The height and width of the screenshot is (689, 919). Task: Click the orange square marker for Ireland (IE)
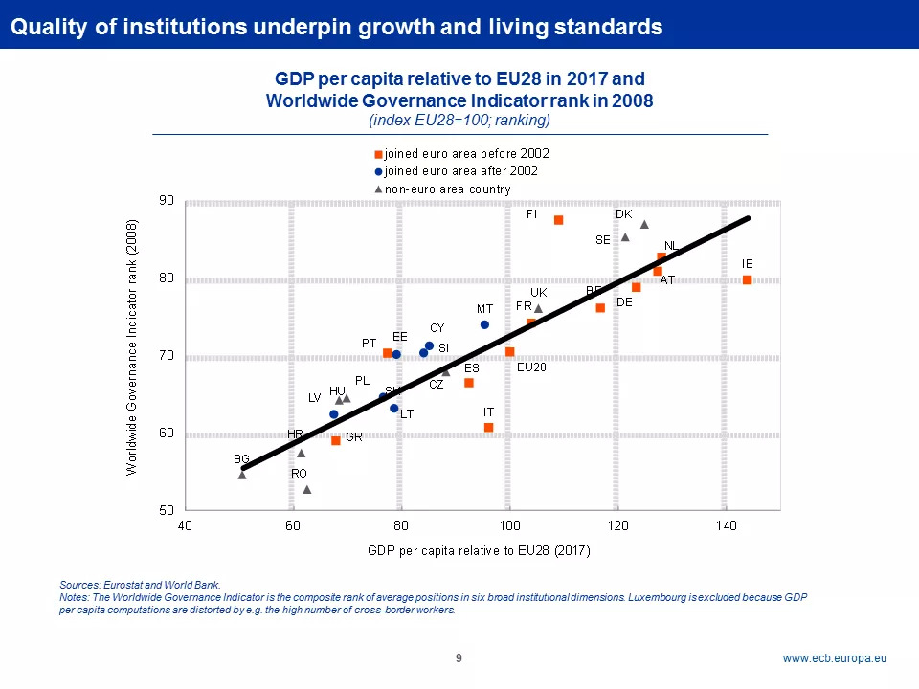coord(748,279)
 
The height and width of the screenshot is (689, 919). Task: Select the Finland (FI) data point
coord(559,220)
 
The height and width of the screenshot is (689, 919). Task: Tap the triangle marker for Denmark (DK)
coord(644,225)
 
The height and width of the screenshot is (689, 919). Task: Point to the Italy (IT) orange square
coord(489,427)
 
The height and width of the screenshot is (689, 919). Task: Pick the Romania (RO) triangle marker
coord(307,490)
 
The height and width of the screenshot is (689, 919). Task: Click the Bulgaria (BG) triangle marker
coord(242,475)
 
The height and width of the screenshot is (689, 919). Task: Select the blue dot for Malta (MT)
coord(484,324)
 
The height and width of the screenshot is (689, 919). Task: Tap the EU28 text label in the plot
coord(531,367)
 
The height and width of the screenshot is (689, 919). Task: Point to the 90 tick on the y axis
coord(167,201)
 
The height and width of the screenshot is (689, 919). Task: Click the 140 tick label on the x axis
coord(726,526)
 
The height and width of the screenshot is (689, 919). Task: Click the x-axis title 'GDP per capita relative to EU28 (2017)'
coord(479,550)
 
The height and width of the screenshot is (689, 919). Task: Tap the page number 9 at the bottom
coord(459,658)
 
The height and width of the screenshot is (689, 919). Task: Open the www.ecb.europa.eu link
coord(835,658)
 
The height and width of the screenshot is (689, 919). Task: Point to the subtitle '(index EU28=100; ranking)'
coord(459,121)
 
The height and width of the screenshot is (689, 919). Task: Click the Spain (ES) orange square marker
coord(469,383)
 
